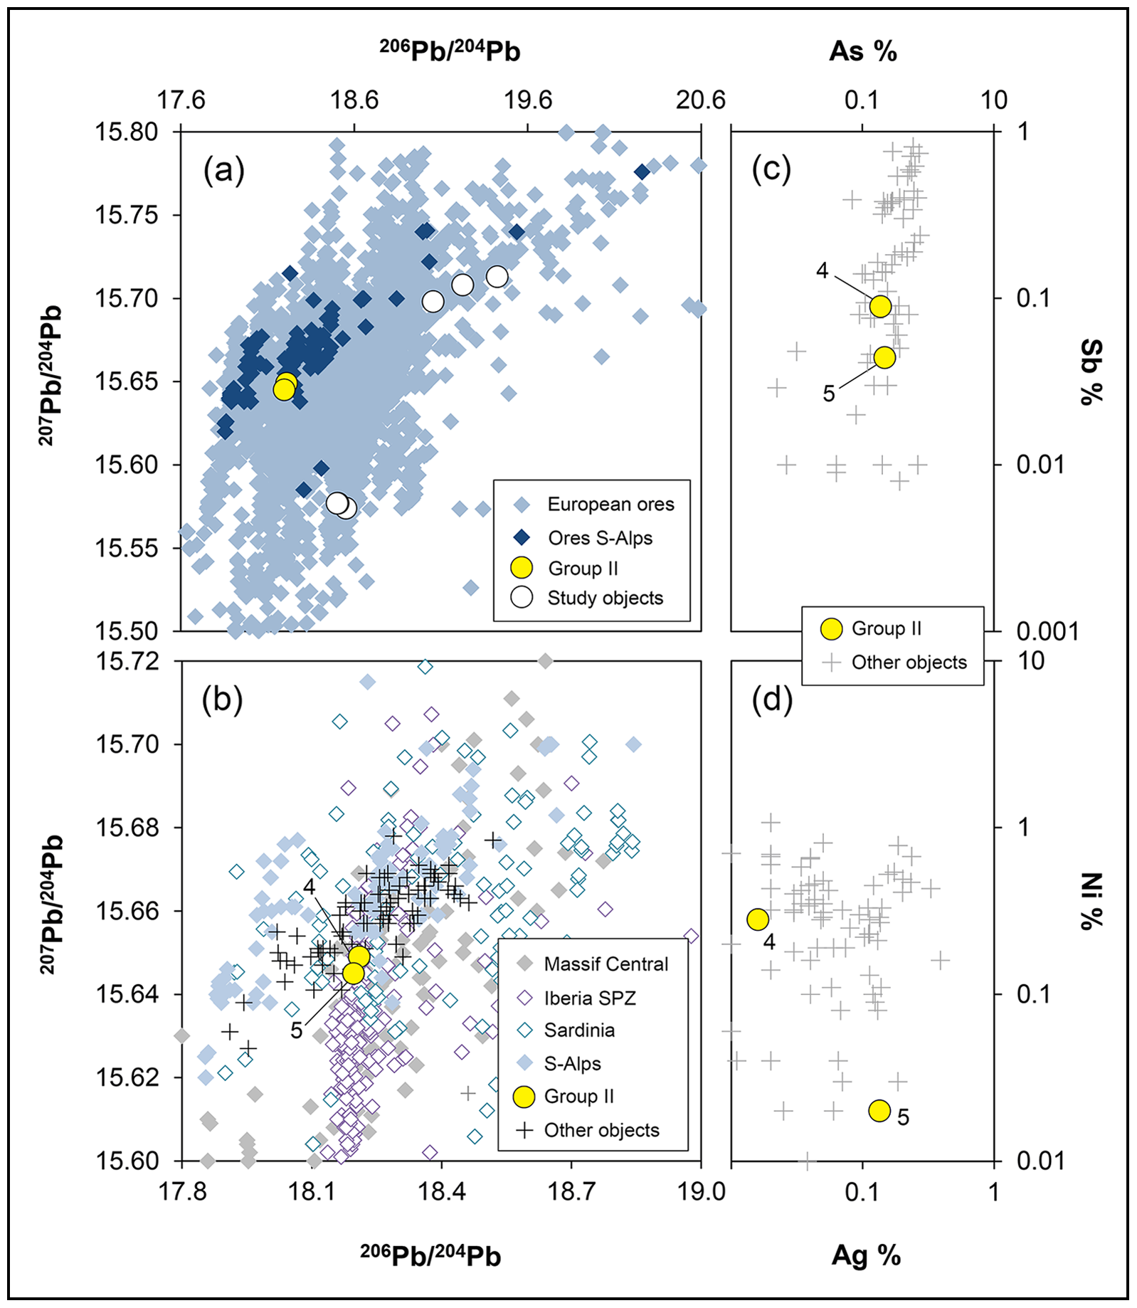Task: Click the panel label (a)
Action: coord(223,171)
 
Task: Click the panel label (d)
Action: coord(772,700)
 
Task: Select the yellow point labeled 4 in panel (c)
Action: coord(880,306)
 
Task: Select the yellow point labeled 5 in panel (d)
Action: coord(879,1110)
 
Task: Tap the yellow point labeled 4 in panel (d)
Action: coord(758,919)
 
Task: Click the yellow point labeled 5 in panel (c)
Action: coord(884,357)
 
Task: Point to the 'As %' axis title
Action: coord(862,51)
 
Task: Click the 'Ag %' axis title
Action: coord(866,1255)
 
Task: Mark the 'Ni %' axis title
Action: coord(1091,901)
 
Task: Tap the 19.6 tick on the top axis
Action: coord(528,100)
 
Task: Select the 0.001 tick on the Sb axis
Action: coord(1047,631)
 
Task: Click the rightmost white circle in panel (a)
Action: coord(497,276)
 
